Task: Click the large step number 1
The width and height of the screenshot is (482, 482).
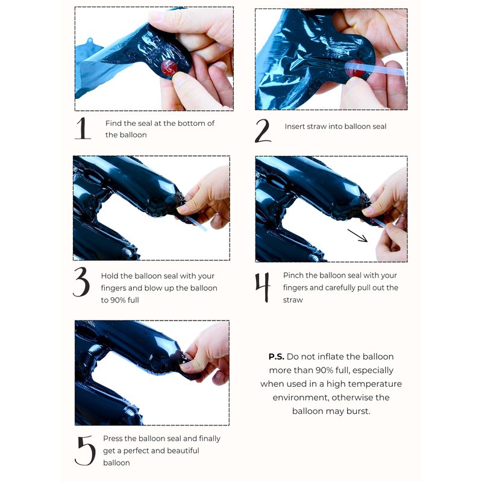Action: coord(83,128)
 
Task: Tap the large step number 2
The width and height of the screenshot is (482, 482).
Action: coord(263,131)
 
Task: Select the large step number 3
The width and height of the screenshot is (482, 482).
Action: coord(81,282)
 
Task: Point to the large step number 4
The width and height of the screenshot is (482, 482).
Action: coord(263,287)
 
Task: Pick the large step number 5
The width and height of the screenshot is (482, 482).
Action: coord(85,450)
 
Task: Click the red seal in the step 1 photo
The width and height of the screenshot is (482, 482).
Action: coord(169,67)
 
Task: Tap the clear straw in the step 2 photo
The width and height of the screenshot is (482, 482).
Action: coord(374,69)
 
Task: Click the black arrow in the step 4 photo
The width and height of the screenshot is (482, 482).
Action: coord(357,236)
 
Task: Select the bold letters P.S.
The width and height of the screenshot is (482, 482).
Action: coord(277,357)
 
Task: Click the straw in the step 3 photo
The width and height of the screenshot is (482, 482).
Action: coord(196,224)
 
